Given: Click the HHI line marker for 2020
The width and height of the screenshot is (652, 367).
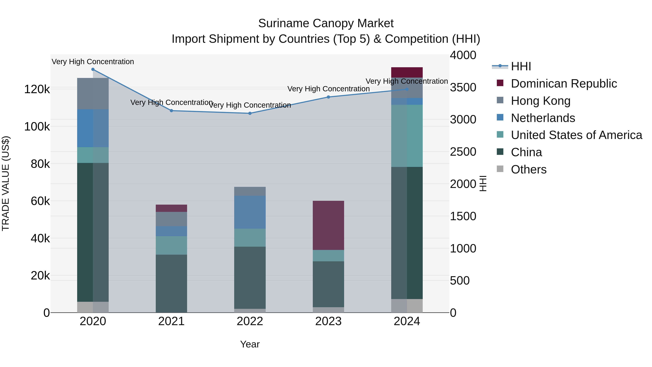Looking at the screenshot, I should click(93, 69).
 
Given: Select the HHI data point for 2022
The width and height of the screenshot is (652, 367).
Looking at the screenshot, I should click(250, 113).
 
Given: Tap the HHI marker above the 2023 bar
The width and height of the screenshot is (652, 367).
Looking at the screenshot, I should click(328, 97).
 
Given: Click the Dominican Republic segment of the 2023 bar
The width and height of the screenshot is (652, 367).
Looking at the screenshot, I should click(328, 225).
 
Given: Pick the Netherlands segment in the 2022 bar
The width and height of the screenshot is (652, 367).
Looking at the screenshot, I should click(250, 212).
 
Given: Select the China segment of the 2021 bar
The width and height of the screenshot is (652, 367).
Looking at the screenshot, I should click(171, 283).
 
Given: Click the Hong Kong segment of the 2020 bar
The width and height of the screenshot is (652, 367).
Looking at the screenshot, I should click(93, 94).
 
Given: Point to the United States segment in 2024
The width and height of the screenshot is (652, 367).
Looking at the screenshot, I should click(407, 136).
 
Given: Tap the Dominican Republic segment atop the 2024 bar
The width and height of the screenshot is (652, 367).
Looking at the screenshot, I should click(407, 72).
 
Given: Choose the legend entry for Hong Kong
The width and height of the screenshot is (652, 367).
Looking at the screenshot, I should click(540, 101).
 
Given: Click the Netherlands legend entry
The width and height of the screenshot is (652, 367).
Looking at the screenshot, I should click(543, 118).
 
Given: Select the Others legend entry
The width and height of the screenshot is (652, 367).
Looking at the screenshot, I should click(528, 169).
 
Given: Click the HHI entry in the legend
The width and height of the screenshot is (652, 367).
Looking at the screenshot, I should click(521, 66).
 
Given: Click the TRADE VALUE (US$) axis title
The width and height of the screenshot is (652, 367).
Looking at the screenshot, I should click(6, 183).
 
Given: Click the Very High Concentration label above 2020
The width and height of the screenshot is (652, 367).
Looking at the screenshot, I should click(93, 62).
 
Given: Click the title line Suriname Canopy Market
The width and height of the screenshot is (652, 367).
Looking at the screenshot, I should click(326, 23).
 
